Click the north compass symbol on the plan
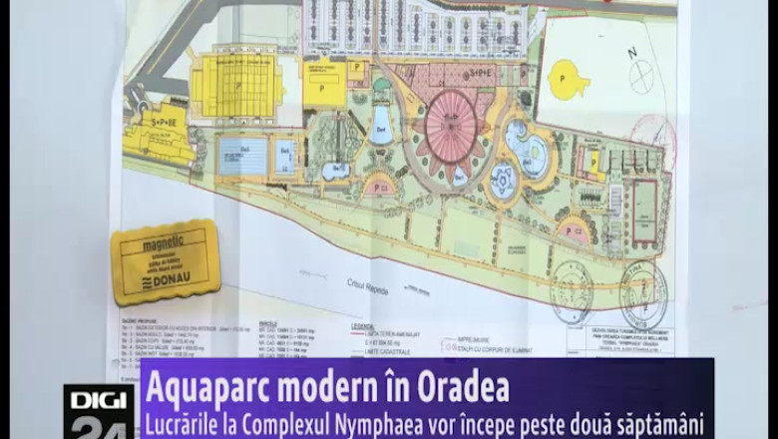tap(643, 76)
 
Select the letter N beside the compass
tap(630, 53)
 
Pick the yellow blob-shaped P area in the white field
tap(568, 80)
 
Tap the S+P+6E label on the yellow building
tap(158, 120)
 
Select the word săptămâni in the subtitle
tap(659, 422)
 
